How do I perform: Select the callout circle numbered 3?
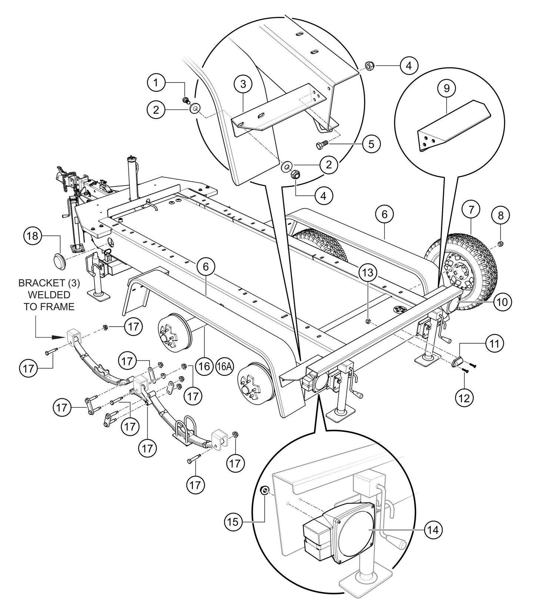click(x=243, y=84)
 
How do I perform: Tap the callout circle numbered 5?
click(x=371, y=144)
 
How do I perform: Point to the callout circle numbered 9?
click(x=447, y=88)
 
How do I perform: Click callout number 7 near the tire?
click(x=470, y=210)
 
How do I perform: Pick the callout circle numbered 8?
click(x=500, y=215)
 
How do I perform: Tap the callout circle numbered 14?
click(x=433, y=530)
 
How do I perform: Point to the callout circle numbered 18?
click(x=33, y=236)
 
